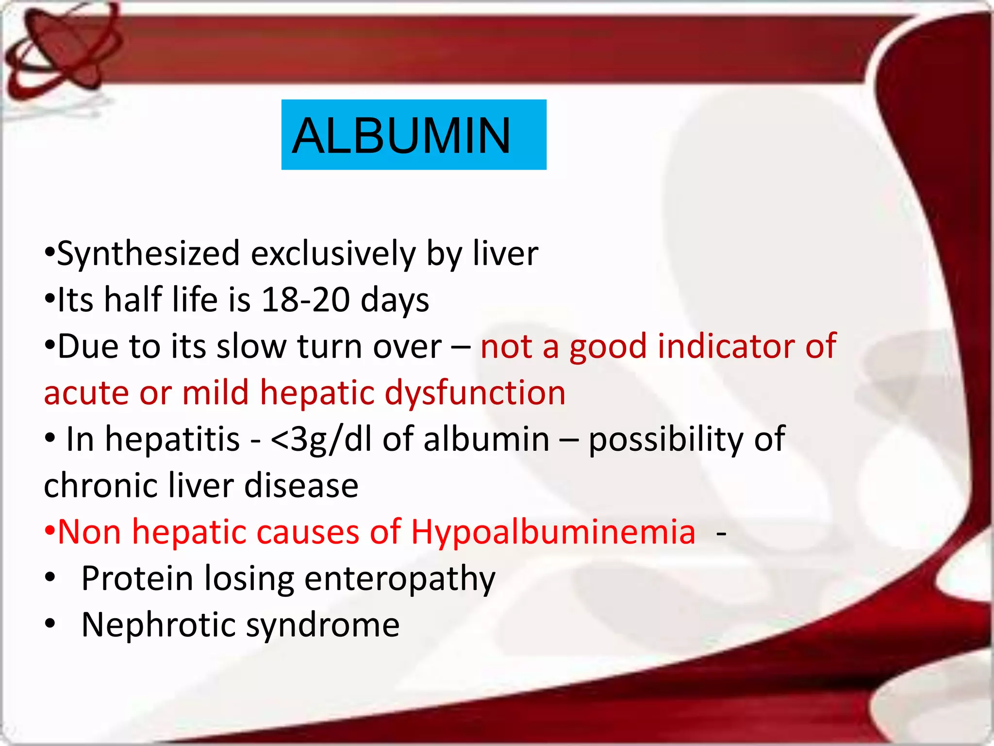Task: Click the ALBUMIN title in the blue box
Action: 401,136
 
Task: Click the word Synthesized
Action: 149,254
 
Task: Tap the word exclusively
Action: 333,254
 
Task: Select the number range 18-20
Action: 305,300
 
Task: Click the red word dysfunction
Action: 475,392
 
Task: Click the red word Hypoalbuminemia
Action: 553,532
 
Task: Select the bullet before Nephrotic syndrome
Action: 50,625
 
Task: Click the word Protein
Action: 137,578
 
